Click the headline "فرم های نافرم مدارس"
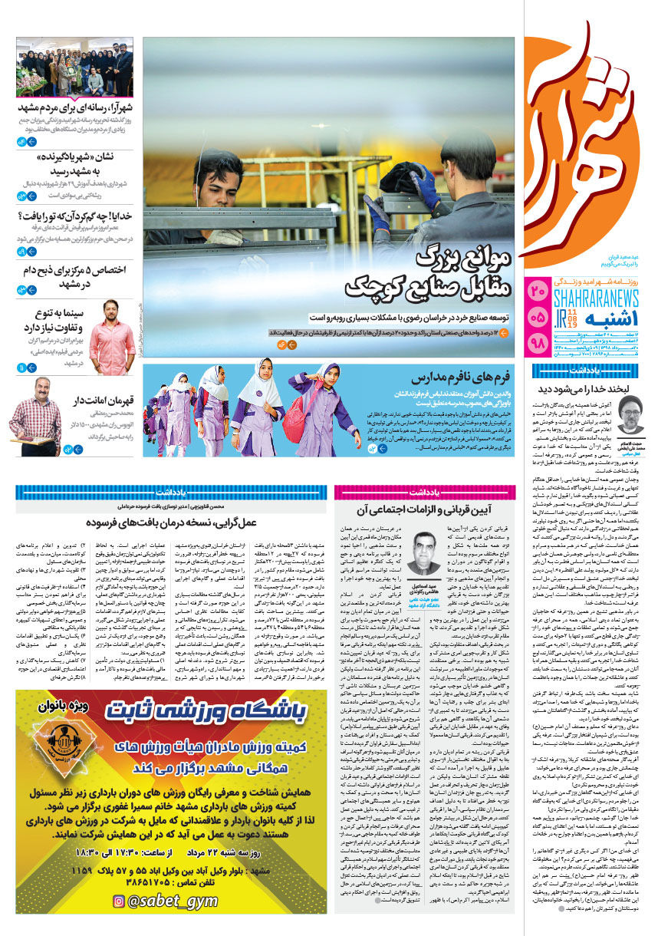click(447, 378)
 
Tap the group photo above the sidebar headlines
click(74, 67)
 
